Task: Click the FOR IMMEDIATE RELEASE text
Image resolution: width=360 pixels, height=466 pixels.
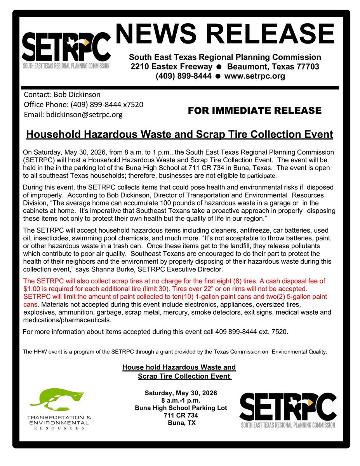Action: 254,111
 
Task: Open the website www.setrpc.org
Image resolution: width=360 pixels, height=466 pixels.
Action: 255,76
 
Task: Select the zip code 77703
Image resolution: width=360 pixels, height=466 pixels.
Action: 307,66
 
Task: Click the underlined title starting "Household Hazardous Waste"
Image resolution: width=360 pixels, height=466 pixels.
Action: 179,134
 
